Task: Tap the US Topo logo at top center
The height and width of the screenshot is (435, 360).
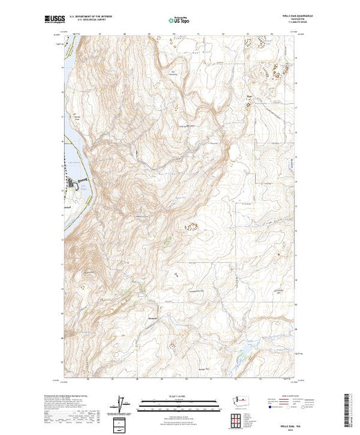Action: [x=180, y=21]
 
